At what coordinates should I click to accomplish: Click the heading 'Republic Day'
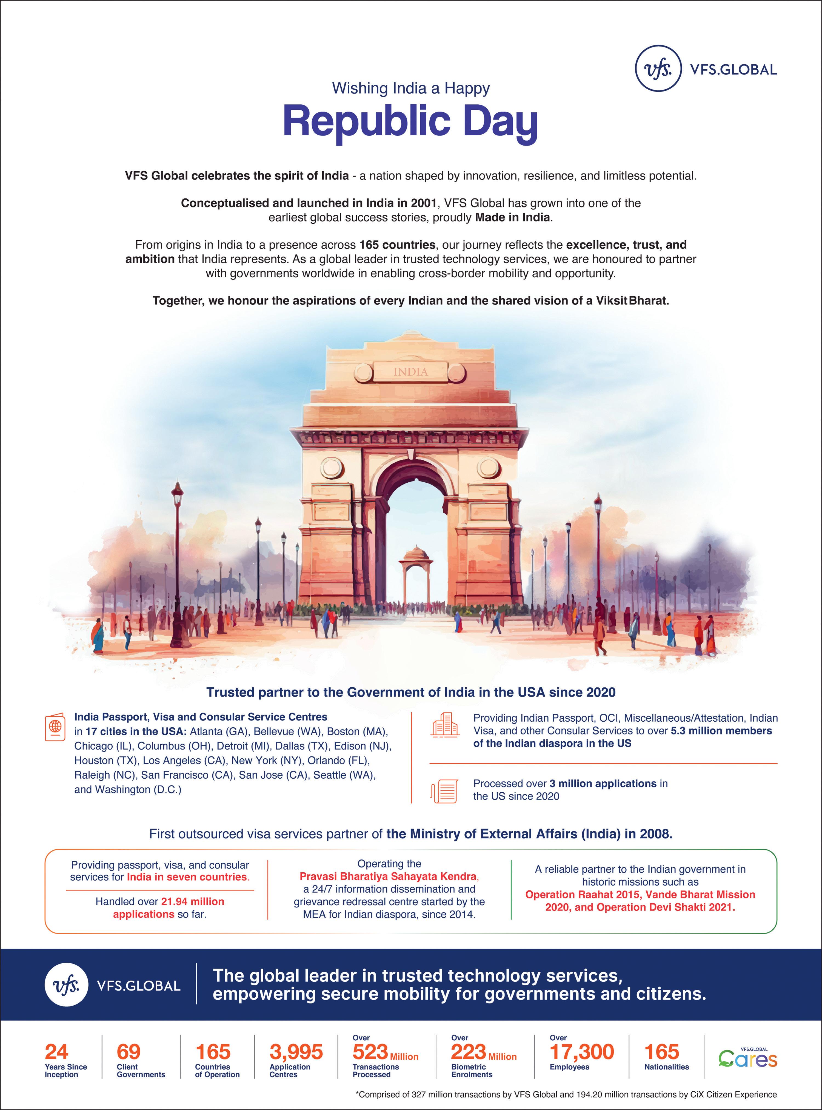click(410, 122)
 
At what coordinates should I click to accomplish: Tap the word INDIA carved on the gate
click(410, 372)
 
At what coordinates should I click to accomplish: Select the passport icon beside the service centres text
click(55, 727)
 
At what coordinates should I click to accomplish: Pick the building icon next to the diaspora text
click(444, 725)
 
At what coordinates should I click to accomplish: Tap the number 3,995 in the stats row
click(296, 1052)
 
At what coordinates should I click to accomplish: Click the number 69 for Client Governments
click(129, 1052)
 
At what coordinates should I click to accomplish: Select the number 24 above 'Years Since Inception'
click(56, 1052)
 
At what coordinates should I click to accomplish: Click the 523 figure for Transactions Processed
click(370, 1052)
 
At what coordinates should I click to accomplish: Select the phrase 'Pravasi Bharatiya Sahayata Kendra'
click(389, 876)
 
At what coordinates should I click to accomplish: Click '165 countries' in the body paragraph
click(397, 245)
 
